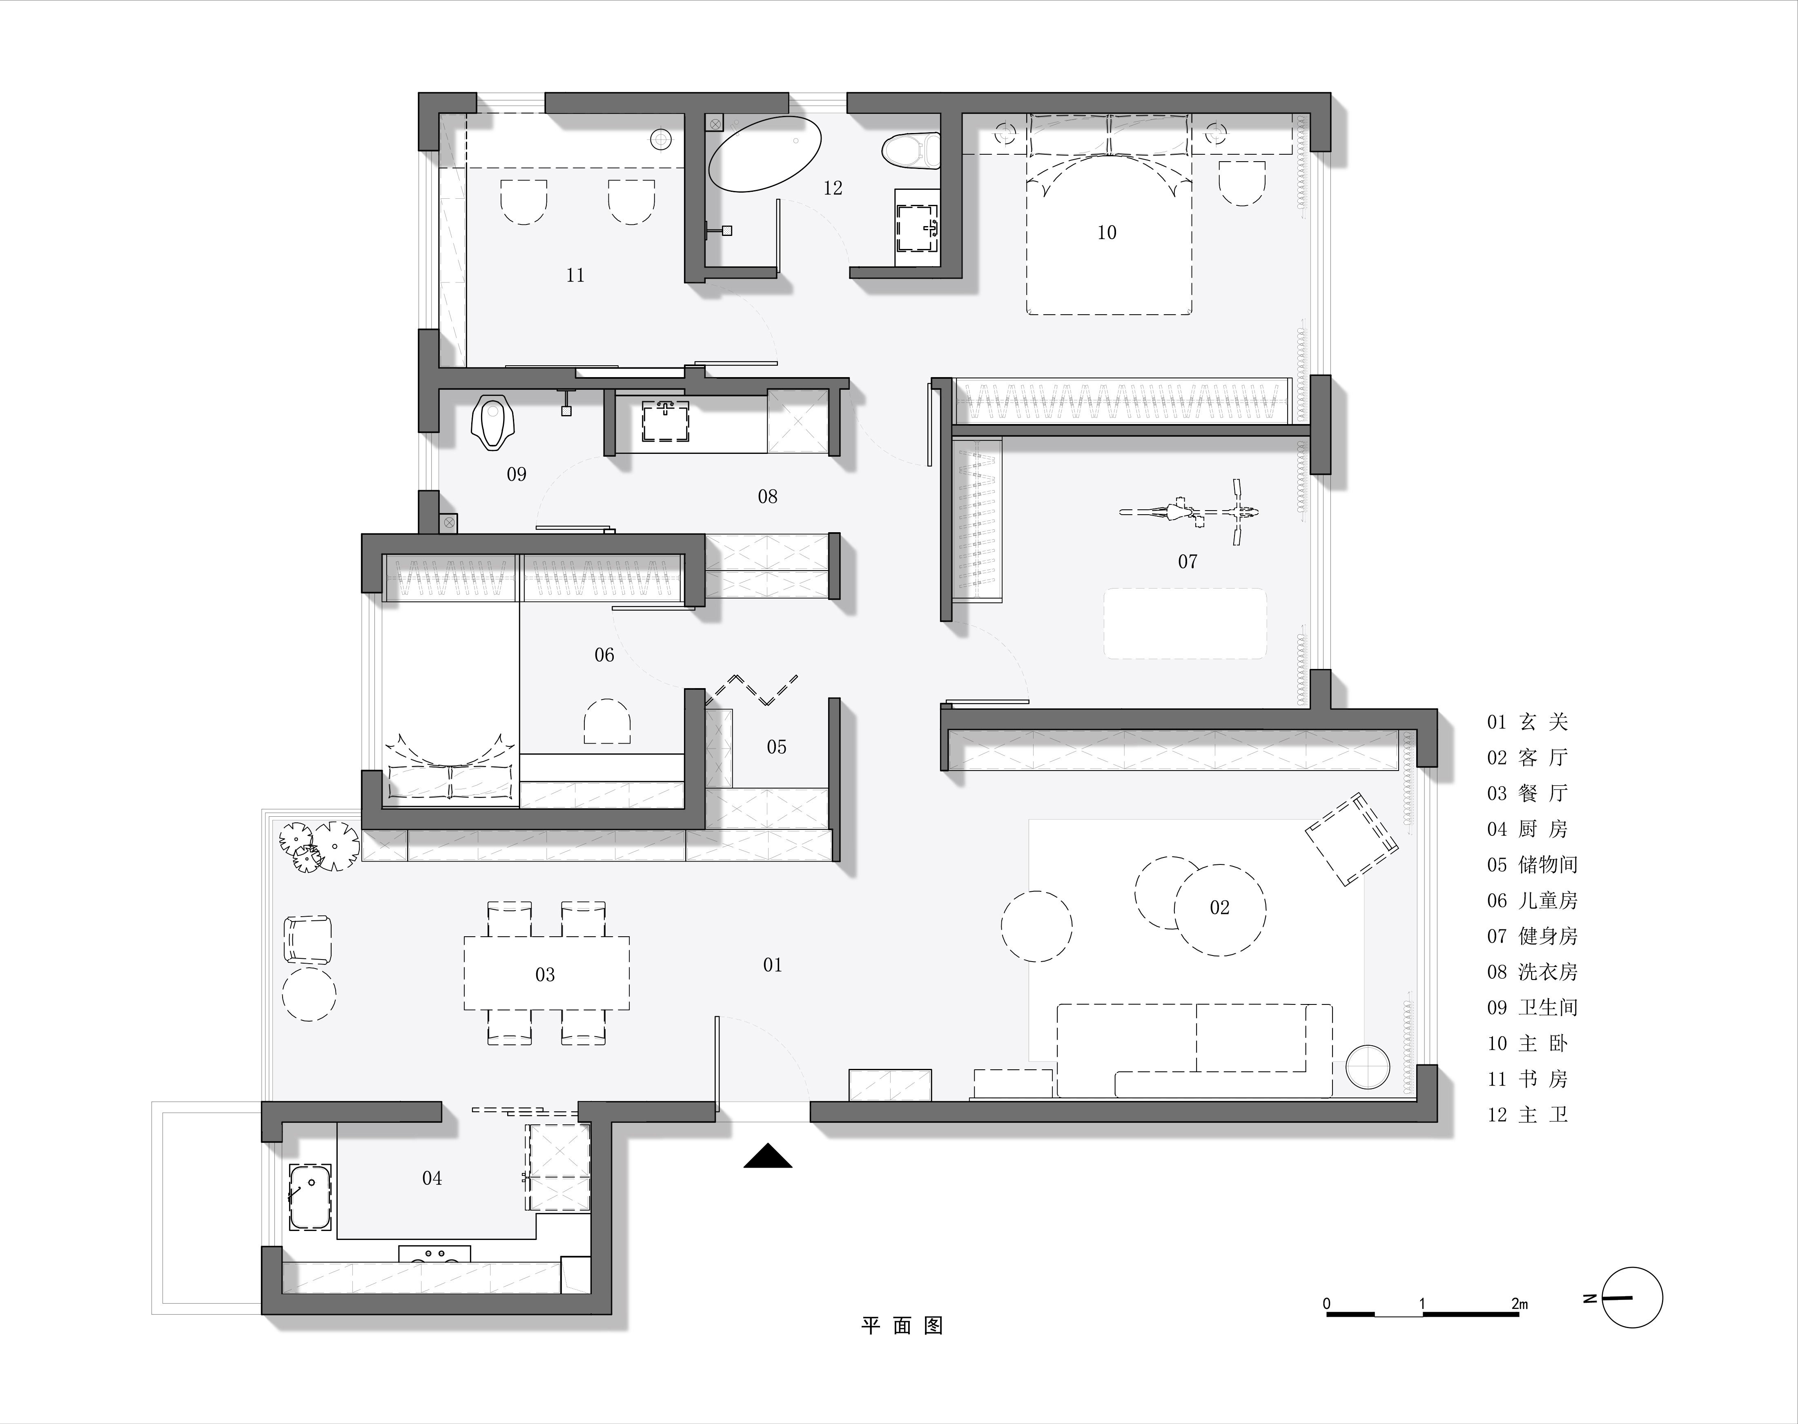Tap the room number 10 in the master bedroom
[x=1107, y=233]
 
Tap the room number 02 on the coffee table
[x=1219, y=908]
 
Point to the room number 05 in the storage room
[x=776, y=747]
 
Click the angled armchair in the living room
[x=1351, y=839]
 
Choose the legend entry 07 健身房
[x=1532, y=936]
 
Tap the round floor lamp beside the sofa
[x=1368, y=1067]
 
